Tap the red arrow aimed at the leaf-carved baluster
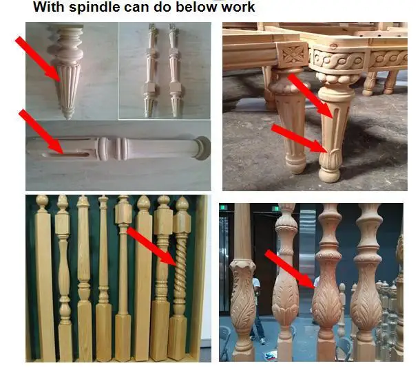point(289,268)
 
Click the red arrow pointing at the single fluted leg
point(37,58)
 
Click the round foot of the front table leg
point(330,171)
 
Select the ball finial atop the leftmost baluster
point(42,202)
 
